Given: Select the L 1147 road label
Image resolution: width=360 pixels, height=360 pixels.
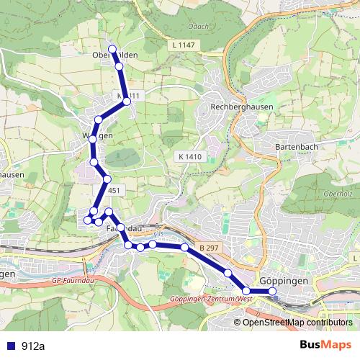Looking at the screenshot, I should pyautogui.click(x=184, y=45).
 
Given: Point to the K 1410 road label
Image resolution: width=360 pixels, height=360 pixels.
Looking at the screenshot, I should pyautogui.click(x=189, y=156).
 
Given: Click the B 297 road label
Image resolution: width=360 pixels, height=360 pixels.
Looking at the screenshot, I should pyautogui.click(x=208, y=248).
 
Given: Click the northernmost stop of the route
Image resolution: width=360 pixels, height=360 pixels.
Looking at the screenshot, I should pyautogui.click(x=112, y=49).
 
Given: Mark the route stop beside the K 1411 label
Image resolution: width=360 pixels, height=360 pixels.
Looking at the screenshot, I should pyautogui.click(x=127, y=102).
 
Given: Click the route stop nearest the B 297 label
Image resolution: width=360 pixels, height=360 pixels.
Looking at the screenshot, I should pyautogui.click(x=185, y=248).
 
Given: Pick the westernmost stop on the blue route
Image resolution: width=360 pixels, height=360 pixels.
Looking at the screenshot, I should pyautogui.click(x=88, y=219).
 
